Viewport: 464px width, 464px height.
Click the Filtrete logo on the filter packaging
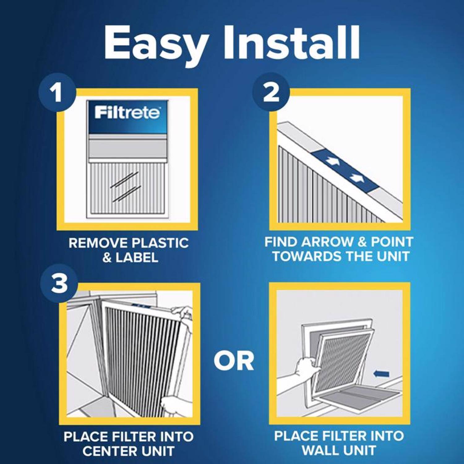[127, 113]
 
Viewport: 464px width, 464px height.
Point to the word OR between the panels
[234, 361]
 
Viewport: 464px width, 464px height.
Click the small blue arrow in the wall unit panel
[381, 374]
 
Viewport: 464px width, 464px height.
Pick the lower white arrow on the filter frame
[357, 178]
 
